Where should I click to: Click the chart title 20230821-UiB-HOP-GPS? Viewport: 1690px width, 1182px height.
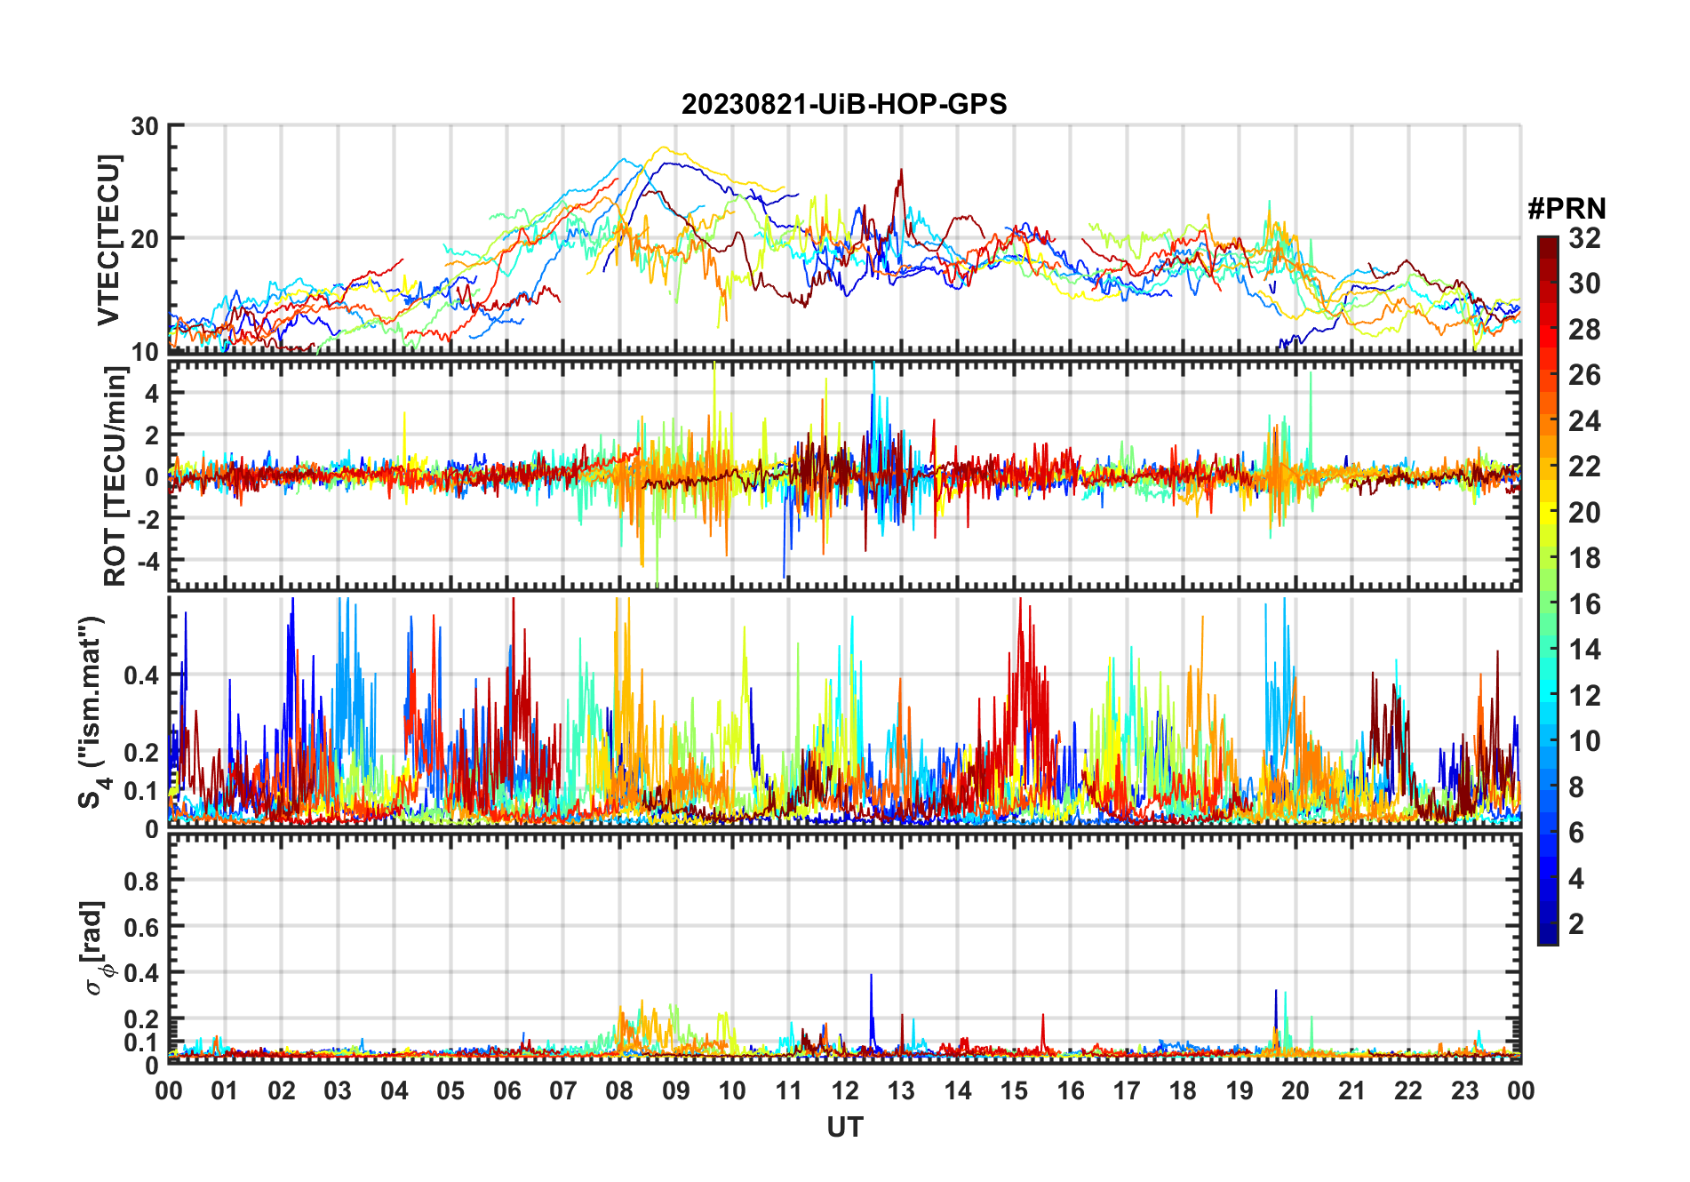(x=844, y=105)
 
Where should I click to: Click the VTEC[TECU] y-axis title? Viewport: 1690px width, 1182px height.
(x=108, y=240)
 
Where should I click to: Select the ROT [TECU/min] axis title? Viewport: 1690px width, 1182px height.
(x=116, y=477)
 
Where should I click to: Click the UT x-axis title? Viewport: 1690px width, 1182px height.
(x=844, y=1127)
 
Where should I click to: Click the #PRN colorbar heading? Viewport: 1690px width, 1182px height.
(x=1566, y=209)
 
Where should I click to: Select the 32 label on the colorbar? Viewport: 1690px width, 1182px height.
(x=1584, y=238)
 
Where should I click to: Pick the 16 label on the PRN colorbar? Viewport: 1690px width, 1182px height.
(x=1584, y=604)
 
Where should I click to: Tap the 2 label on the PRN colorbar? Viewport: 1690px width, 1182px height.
(x=1576, y=924)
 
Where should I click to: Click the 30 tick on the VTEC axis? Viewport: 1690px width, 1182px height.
(x=145, y=126)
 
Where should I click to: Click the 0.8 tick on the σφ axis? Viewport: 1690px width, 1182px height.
(x=141, y=881)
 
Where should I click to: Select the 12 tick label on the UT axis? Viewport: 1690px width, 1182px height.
(x=845, y=1090)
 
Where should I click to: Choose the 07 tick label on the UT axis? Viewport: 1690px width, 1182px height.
(x=563, y=1090)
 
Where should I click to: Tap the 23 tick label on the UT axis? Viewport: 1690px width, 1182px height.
(x=1464, y=1090)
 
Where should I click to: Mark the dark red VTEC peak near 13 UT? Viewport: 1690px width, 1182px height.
(x=901, y=171)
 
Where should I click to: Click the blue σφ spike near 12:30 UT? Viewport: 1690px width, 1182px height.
(x=871, y=976)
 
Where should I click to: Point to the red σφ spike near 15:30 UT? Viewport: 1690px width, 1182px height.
(x=1043, y=1015)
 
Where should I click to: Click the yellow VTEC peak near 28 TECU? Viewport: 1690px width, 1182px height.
(x=662, y=148)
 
